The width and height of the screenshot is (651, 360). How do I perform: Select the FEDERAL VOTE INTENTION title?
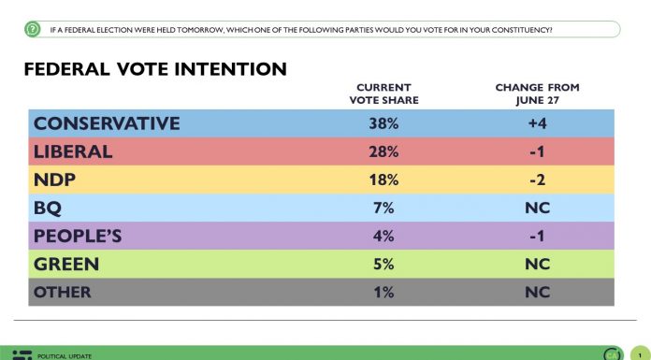pyautogui.click(x=154, y=70)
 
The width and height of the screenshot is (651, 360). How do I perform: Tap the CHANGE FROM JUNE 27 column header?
pyautogui.click(x=537, y=94)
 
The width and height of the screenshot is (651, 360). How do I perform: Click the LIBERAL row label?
pyautogui.click(x=73, y=151)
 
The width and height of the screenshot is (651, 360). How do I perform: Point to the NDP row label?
pyautogui.click(x=55, y=180)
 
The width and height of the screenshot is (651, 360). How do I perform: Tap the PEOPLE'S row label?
pyautogui.click(x=81, y=236)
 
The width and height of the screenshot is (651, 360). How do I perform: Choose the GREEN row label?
pyautogui.click(x=66, y=264)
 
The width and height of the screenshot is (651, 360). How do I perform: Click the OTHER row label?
pyautogui.click(x=63, y=292)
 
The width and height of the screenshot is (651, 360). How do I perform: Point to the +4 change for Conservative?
pyautogui.click(x=537, y=123)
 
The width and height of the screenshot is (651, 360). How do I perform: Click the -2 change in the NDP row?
pyautogui.click(x=537, y=180)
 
